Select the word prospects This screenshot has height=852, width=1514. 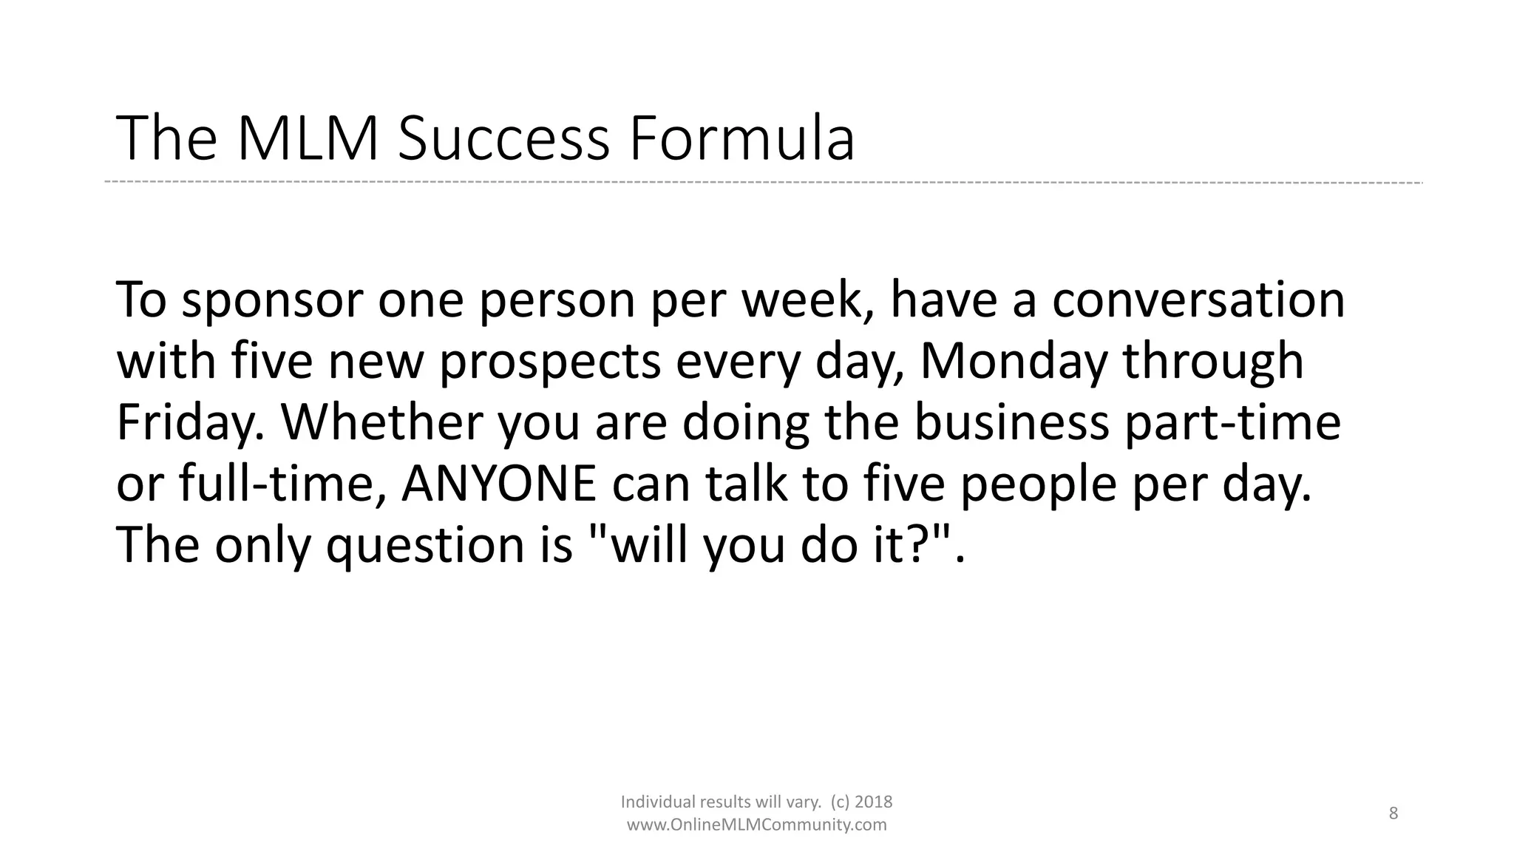550,362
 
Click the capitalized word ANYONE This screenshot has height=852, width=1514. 499,484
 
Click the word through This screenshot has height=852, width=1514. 1212,362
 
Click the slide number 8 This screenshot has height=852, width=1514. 1394,814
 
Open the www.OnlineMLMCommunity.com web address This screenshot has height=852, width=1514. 756,825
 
